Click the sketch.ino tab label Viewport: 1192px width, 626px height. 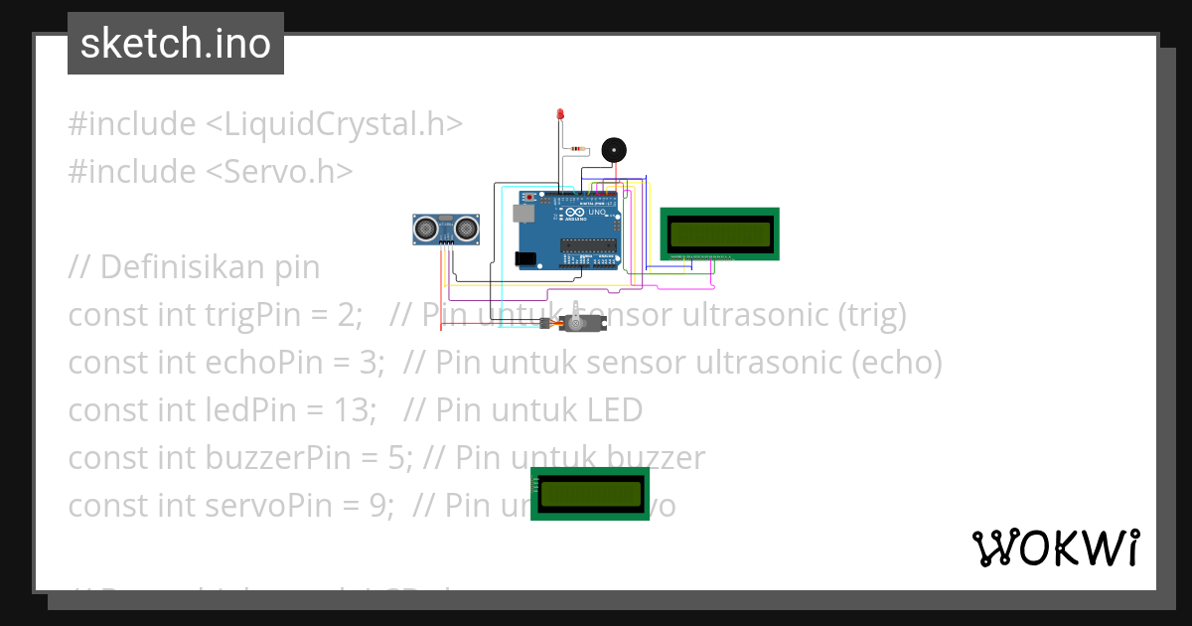point(175,44)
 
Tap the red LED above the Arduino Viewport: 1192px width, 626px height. point(560,116)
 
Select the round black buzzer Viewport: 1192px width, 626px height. point(615,150)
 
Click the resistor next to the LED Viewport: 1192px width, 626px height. point(578,150)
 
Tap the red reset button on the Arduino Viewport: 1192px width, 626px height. point(529,199)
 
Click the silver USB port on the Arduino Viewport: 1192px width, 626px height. point(521,213)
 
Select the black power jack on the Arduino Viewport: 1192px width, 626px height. point(525,259)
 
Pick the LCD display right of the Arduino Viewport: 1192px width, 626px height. point(720,234)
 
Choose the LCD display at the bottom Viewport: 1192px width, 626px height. point(589,493)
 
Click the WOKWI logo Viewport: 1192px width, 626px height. point(1055,548)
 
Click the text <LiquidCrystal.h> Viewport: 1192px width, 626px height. point(334,124)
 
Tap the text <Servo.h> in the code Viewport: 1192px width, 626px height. point(279,172)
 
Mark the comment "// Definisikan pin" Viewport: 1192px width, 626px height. point(194,267)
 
